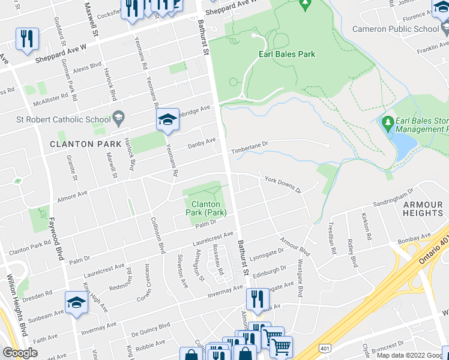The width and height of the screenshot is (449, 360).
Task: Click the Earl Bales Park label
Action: (x=286, y=54)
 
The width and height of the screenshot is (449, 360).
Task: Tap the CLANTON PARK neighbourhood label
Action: (x=80, y=144)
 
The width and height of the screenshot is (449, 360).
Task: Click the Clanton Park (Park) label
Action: (x=205, y=208)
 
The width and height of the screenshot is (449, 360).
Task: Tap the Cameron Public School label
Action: (x=404, y=29)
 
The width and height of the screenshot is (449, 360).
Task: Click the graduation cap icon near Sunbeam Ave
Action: (x=77, y=302)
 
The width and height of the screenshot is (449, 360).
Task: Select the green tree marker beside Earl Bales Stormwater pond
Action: (x=388, y=124)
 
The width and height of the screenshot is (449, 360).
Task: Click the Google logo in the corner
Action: (x=20, y=353)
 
